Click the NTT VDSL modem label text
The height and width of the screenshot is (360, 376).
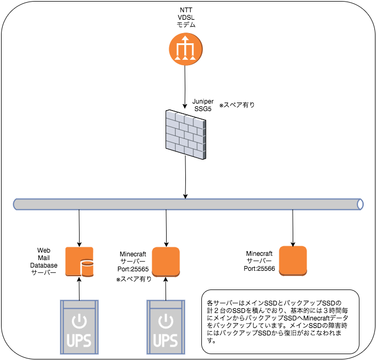pyautogui.click(x=186, y=18)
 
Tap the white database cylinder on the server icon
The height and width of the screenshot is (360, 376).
pyautogui.click(x=87, y=268)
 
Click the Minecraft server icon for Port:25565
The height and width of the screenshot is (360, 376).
pyautogui.click(x=165, y=261)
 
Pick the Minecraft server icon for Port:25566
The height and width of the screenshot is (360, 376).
pyautogui.click(x=293, y=260)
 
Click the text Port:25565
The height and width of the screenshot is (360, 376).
pyautogui.click(x=134, y=269)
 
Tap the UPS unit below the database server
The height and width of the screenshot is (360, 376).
pyautogui.click(x=80, y=326)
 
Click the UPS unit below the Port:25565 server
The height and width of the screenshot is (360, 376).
pyautogui.click(x=166, y=326)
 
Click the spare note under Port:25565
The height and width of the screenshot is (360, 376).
pyautogui.click(x=134, y=279)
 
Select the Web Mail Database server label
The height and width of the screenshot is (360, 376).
pyautogui.click(x=43, y=261)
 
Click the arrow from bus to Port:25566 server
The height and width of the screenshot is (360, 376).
pyautogui.click(x=293, y=227)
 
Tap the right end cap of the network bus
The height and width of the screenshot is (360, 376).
pyautogui.click(x=361, y=204)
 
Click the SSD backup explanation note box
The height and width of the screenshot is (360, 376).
pyautogui.click(x=280, y=321)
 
